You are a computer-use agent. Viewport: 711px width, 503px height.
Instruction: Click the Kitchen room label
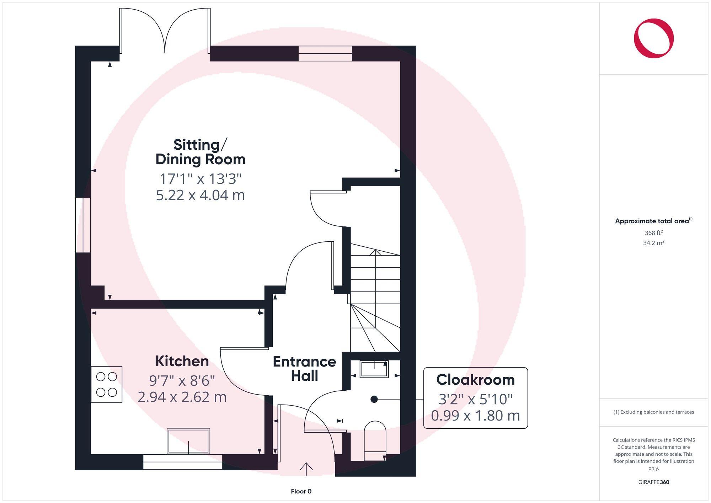click(182, 361)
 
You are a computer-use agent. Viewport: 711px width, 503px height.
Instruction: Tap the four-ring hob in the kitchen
click(107, 384)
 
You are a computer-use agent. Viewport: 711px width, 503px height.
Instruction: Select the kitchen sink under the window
click(188, 441)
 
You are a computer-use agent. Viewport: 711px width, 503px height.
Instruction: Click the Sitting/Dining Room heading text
click(201, 152)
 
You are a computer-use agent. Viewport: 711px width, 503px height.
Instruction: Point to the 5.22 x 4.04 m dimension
click(201, 195)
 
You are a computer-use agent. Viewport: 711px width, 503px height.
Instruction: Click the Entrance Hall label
click(304, 369)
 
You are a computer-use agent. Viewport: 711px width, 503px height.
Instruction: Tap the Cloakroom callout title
click(475, 380)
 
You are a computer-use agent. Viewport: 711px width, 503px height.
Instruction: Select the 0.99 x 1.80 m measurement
click(475, 416)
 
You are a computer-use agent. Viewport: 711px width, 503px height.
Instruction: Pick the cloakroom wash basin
click(374, 369)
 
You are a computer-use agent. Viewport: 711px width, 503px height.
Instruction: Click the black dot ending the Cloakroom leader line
click(374, 399)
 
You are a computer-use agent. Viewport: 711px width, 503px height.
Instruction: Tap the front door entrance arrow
click(306, 469)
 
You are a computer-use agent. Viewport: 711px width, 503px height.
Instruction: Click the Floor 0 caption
click(301, 491)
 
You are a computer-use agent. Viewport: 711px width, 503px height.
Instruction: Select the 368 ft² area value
click(653, 233)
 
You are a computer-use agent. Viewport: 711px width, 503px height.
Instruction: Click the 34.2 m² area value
click(653, 243)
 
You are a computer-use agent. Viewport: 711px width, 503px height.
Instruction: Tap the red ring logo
click(653, 38)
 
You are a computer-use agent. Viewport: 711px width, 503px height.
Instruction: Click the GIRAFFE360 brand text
click(653, 482)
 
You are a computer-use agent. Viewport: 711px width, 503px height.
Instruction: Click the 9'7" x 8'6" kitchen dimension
click(182, 381)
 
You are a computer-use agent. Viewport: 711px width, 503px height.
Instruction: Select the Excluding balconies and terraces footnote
click(653, 412)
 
